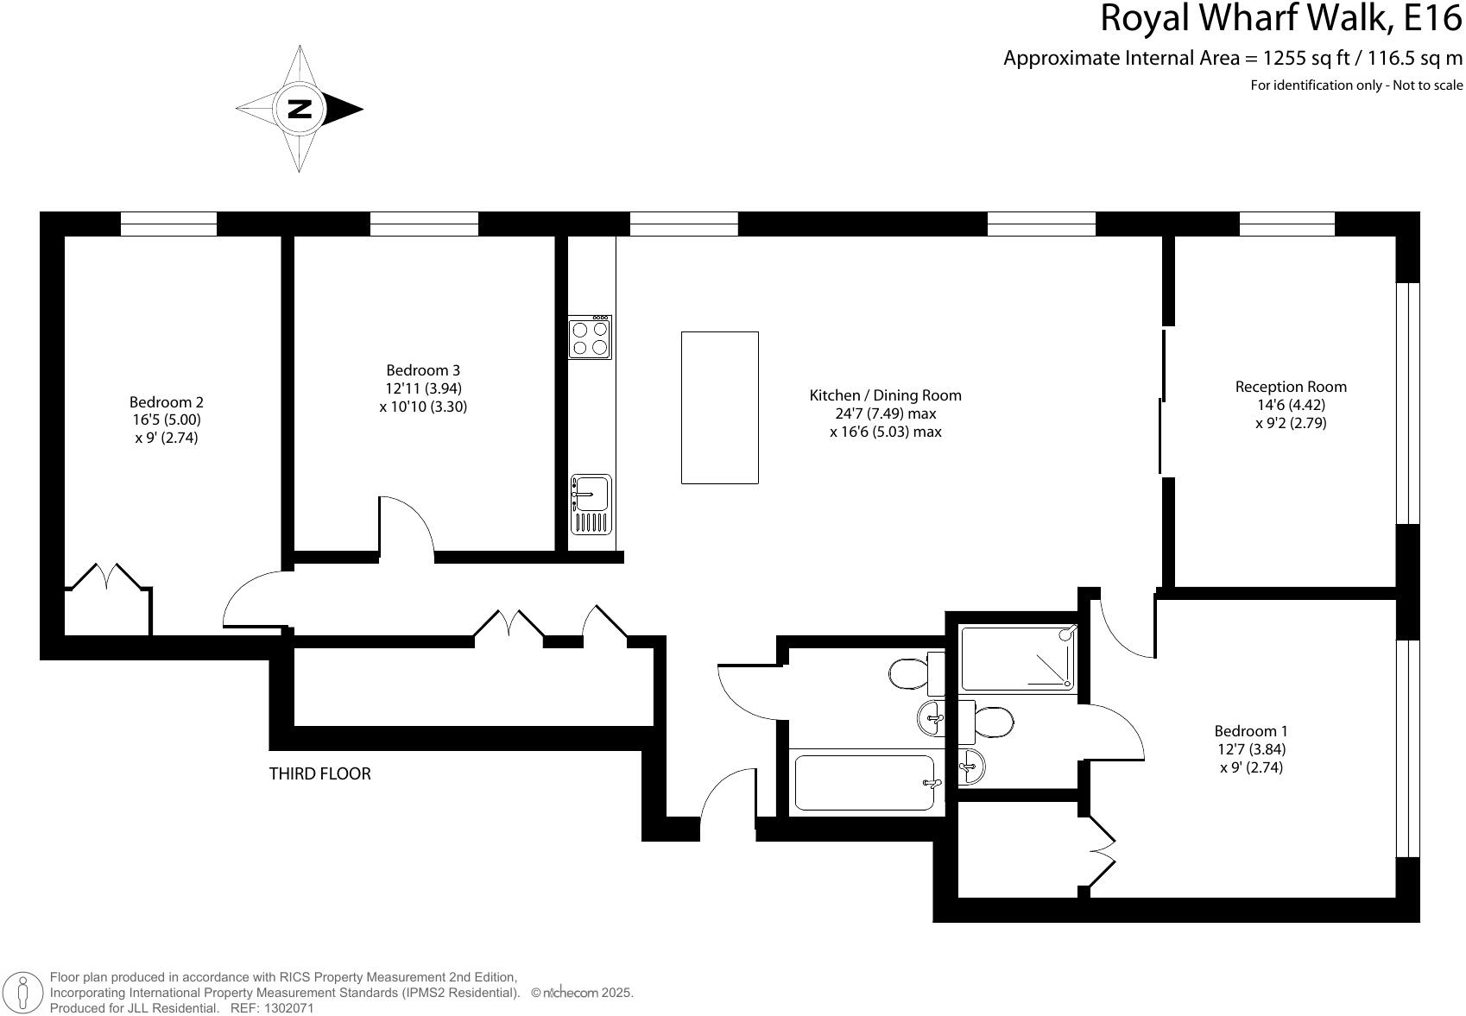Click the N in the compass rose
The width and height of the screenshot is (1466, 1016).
point(300,109)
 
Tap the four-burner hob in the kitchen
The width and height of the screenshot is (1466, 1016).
point(591,338)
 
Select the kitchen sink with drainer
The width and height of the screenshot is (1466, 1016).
point(591,504)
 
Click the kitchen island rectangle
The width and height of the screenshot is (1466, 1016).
point(719,407)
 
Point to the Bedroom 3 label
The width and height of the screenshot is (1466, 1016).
point(423,370)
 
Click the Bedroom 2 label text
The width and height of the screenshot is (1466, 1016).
point(166,402)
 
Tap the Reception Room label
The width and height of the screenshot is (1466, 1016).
point(1290,387)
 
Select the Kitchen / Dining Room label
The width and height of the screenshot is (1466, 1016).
point(885,395)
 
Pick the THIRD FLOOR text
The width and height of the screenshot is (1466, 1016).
point(319,773)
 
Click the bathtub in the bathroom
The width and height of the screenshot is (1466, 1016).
point(863,783)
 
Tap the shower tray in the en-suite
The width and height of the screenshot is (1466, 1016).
point(1019,659)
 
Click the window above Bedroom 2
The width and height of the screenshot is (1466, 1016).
point(168,224)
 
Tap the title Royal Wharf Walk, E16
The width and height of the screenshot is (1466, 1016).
point(1281,19)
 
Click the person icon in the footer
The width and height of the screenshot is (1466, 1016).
point(23,993)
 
